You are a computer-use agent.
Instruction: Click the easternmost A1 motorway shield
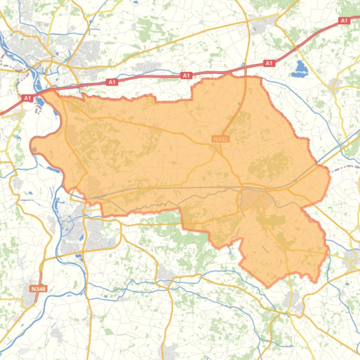pyautogui.click(x=344, y=21)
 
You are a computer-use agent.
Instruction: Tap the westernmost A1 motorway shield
pyautogui.click(x=27, y=98)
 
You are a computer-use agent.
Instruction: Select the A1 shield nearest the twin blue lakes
pyautogui.click(x=269, y=63)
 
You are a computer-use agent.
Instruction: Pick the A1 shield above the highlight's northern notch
pyautogui.click(x=186, y=75)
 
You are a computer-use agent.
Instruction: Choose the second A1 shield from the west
pyautogui.click(x=112, y=82)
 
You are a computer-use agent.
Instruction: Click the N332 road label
pyautogui.click(x=220, y=139)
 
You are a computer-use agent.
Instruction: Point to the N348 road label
pyautogui.click(x=38, y=289)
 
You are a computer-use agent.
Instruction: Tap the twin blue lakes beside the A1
pyautogui.click(x=299, y=69)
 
